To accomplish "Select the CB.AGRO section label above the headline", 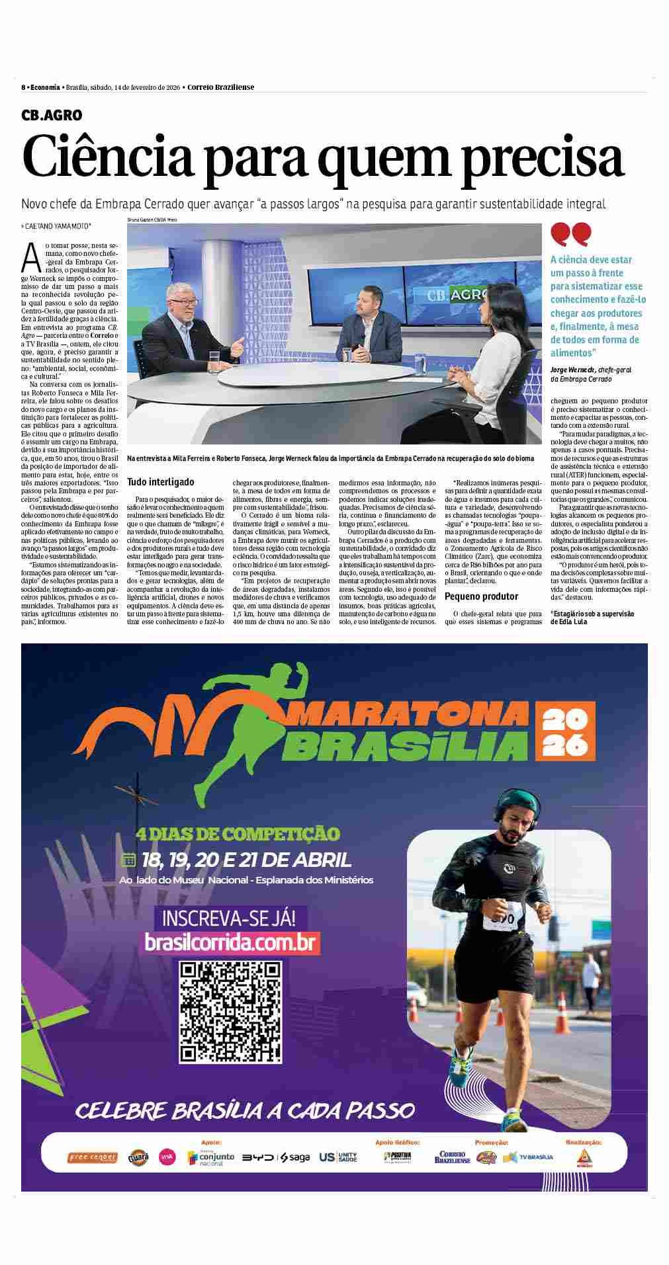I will pyautogui.click(x=52, y=115).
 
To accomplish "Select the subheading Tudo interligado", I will pyautogui.click(x=161, y=483).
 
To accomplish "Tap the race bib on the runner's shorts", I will pyautogui.click(x=500, y=920).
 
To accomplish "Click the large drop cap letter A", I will pyautogui.click(x=30, y=259).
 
